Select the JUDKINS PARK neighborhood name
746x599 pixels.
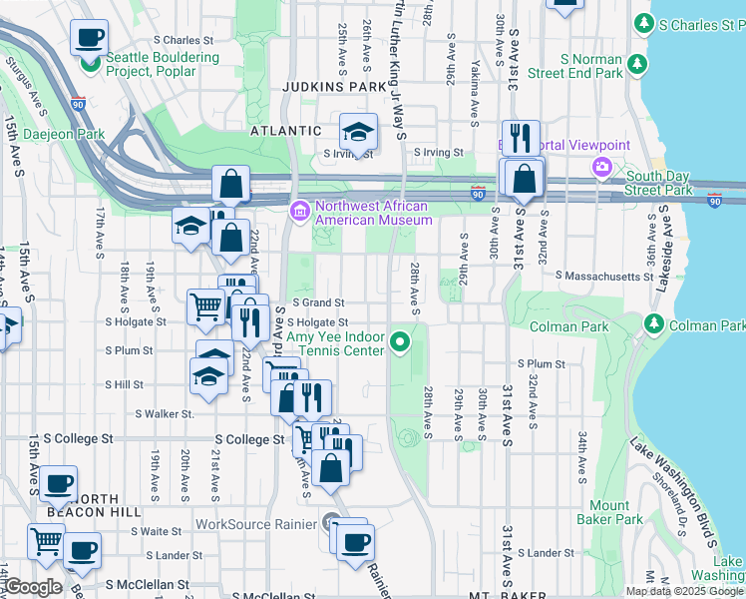333,87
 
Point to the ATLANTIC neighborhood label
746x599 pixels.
285,131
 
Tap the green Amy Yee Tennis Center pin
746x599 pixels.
401,342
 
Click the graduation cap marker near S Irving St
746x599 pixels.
358,131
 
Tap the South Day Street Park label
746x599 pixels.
659,183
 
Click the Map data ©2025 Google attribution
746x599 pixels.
683,591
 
